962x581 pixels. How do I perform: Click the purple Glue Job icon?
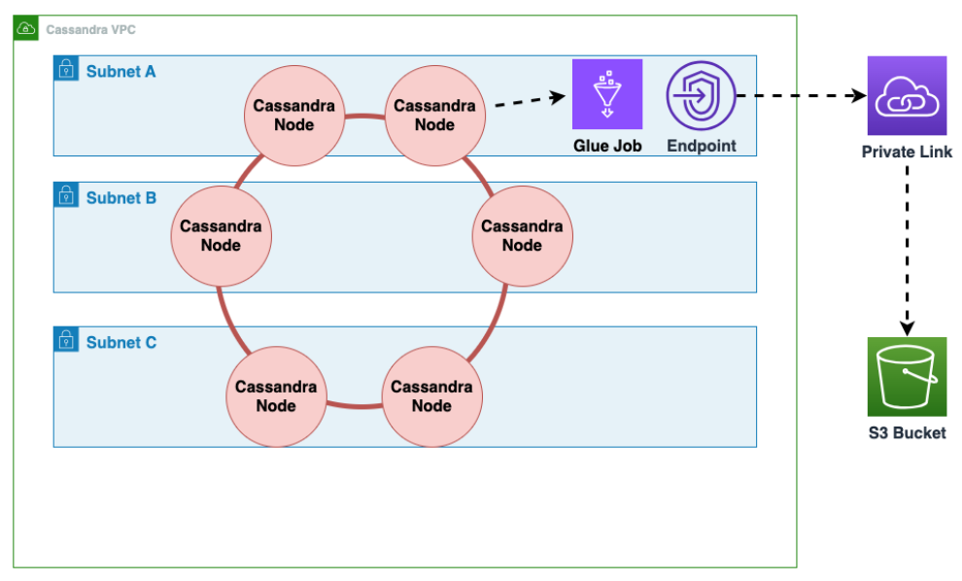point(607,94)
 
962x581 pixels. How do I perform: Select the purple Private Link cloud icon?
point(907,95)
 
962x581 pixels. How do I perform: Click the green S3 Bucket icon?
point(907,377)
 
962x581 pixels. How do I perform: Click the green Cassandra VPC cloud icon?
point(26,28)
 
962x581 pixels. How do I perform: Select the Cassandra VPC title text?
point(90,30)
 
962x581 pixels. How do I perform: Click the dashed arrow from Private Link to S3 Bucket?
point(907,248)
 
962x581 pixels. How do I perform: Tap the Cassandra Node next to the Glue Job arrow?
point(435,115)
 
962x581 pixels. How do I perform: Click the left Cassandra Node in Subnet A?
point(294,115)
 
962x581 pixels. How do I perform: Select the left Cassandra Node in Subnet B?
point(221,235)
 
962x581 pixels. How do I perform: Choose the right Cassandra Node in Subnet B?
point(522,235)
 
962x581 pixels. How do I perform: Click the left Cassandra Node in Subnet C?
point(276,395)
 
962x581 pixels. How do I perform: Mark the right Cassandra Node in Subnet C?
point(431,395)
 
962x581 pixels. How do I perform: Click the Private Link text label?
point(907,153)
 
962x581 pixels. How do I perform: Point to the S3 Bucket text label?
point(907,433)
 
